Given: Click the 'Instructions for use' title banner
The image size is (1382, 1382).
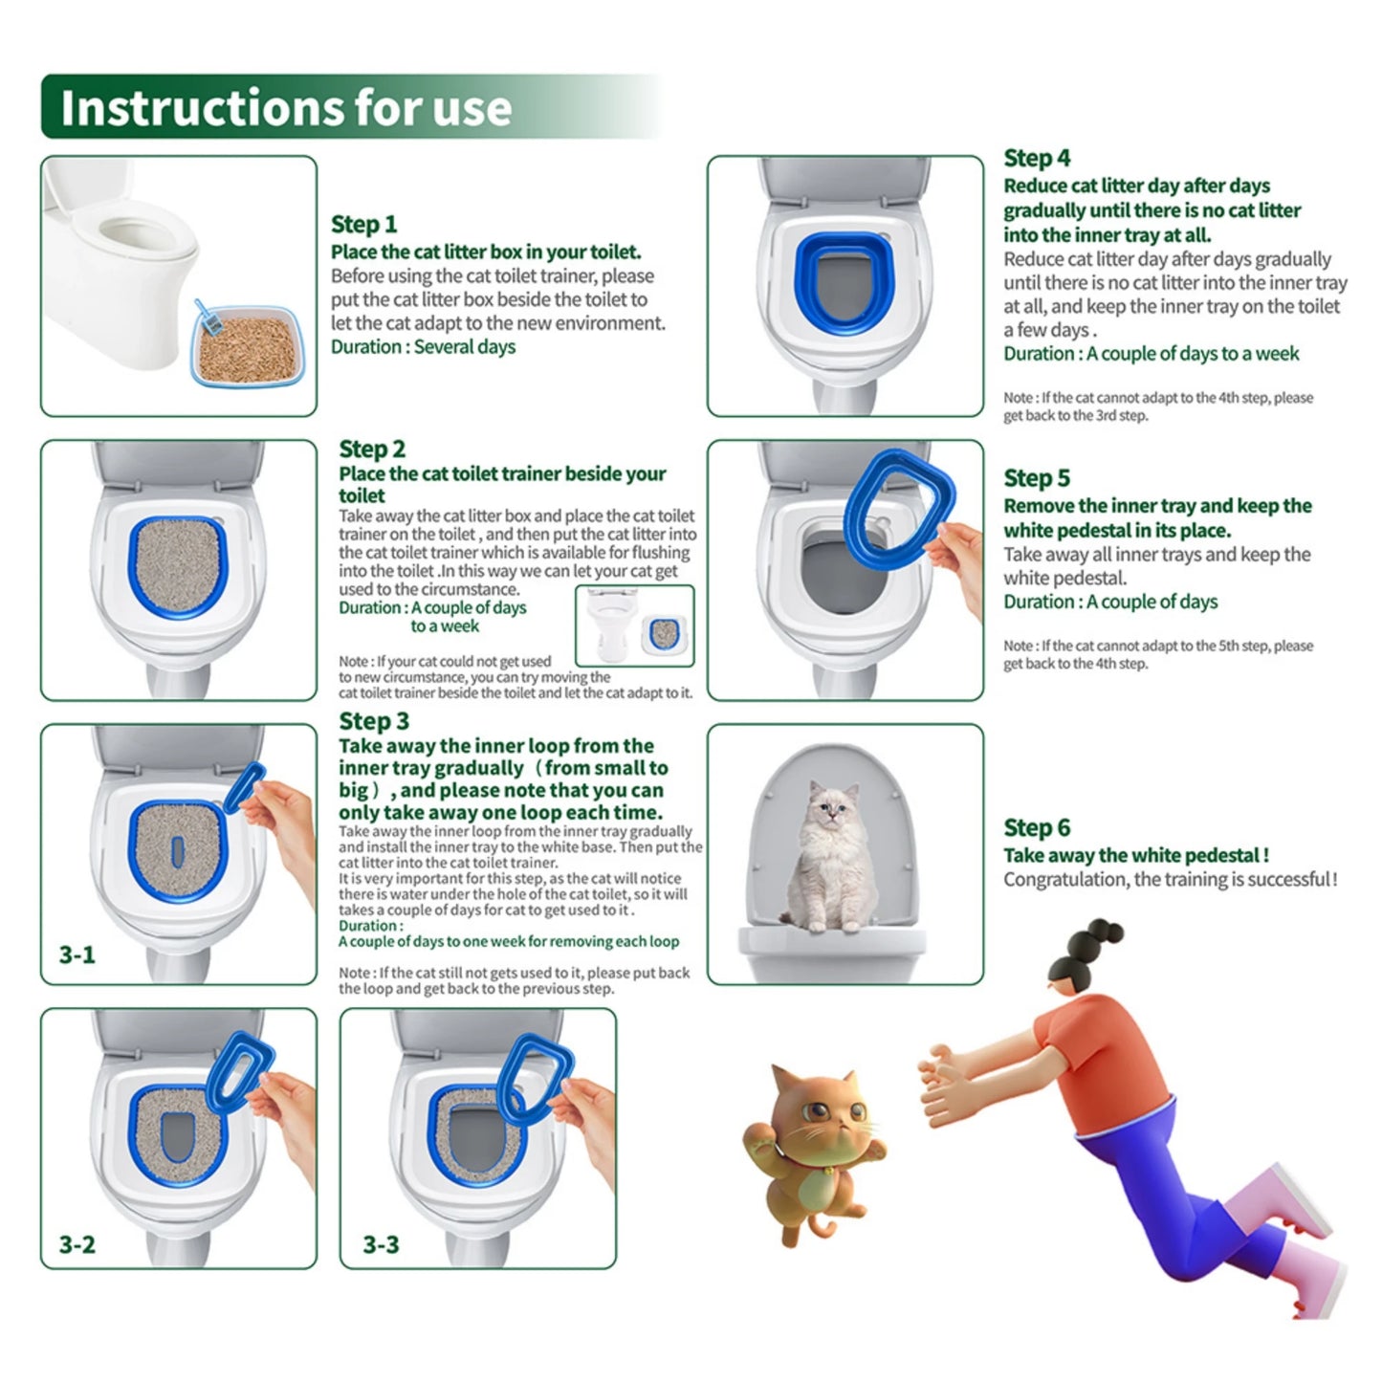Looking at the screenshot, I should [x=287, y=107].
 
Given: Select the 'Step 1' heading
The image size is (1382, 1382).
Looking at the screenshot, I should [x=363, y=225].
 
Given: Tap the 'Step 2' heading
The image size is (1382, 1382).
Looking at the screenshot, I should [x=372, y=449].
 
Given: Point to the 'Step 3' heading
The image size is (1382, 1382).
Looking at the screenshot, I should [x=374, y=721].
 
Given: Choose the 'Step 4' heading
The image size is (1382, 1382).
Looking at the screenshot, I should [x=1037, y=158].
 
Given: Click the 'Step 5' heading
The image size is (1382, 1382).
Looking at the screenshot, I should [x=1037, y=478].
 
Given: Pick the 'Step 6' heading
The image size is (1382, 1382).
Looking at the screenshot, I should [x=1037, y=827].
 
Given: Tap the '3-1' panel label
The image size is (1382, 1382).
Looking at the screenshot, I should [x=77, y=954].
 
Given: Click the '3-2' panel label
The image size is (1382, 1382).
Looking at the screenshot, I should [x=77, y=1244].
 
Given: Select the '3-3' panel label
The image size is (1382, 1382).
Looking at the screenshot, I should [x=381, y=1244].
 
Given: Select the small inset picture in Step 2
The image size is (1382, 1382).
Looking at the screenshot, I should [x=635, y=626].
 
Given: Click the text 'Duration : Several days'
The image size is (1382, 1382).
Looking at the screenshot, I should [x=423, y=347].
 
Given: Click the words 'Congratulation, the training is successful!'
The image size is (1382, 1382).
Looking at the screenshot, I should [x=1170, y=880].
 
